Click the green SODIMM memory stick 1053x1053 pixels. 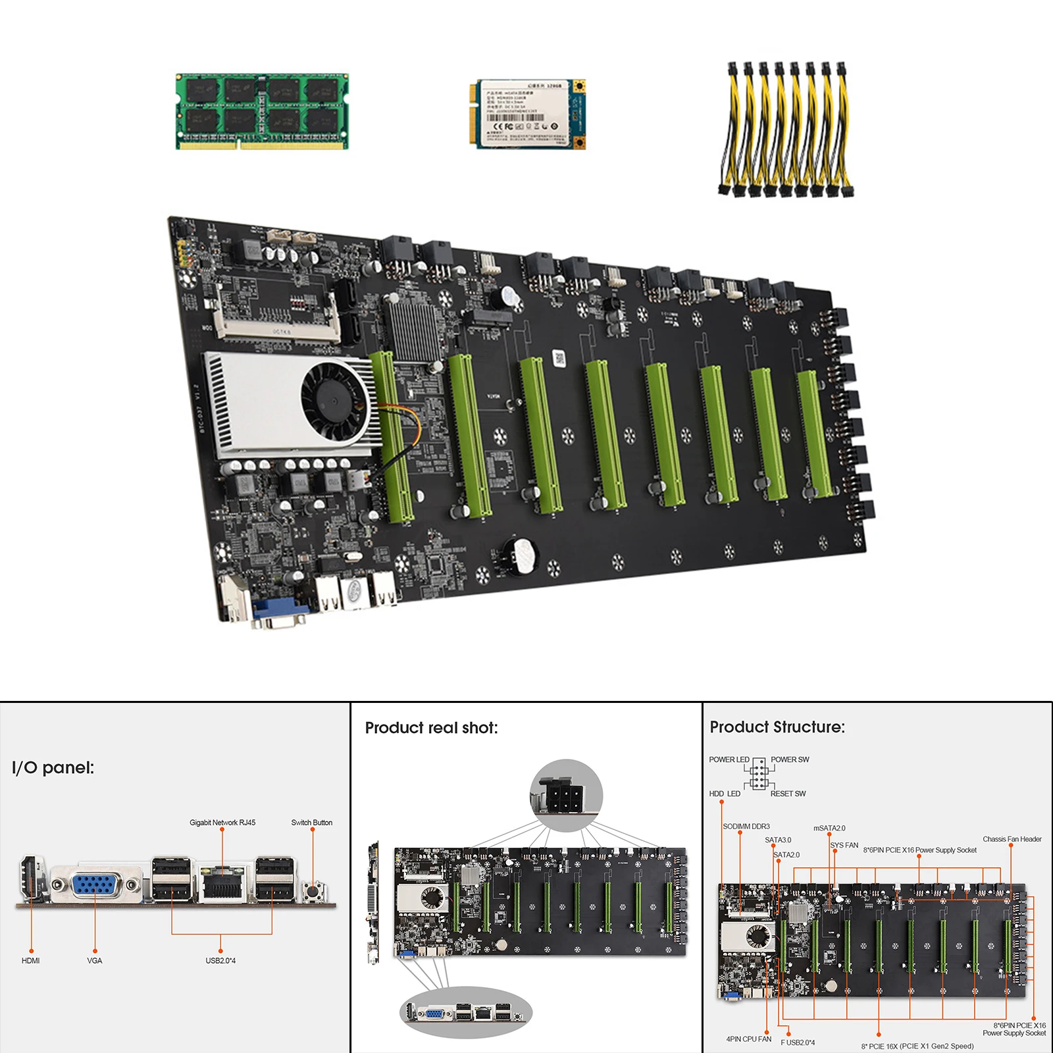(262, 111)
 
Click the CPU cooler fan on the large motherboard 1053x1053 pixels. (334, 399)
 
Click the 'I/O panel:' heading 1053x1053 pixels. (53, 767)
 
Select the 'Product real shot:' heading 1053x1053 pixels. (431, 728)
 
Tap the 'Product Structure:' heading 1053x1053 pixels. (777, 727)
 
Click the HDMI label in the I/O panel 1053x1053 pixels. (30, 961)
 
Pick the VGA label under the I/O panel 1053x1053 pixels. (95, 961)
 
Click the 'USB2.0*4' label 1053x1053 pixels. (220, 961)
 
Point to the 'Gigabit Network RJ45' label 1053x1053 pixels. (222, 823)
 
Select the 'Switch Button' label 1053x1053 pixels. (312, 823)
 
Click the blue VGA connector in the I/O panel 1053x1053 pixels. (96, 885)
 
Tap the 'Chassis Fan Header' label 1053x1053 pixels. (1012, 839)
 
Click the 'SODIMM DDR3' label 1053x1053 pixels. (746, 827)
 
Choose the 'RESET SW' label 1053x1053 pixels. (788, 794)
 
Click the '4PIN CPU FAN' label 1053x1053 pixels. (749, 1039)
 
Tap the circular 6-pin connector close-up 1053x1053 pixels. (566, 795)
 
